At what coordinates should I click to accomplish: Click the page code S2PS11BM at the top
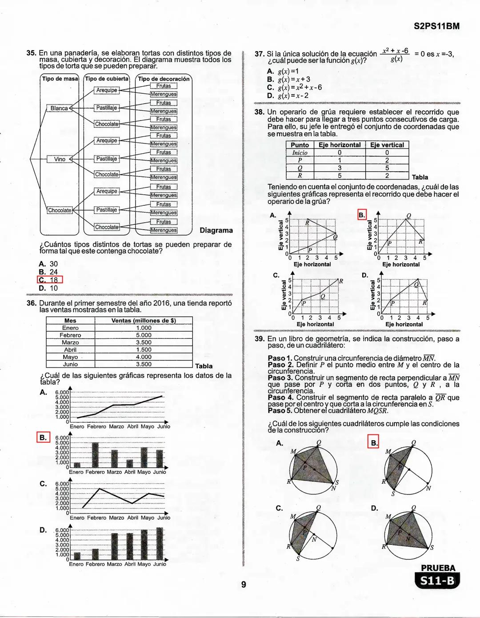(436, 26)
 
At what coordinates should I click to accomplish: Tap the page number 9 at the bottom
(243, 585)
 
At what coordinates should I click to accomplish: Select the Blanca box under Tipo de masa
(59, 108)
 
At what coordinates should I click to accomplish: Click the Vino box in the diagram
(59, 159)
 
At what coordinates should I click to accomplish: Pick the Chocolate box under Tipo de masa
(60, 210)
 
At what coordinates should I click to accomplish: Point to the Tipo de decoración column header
(164, 79)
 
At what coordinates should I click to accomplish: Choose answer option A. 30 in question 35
(48, 264)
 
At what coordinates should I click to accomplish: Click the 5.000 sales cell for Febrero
(144, 335)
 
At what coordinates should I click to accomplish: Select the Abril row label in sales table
(70, 349)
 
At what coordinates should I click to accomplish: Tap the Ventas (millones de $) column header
(144, 321)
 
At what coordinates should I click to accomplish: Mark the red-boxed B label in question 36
(43, 437)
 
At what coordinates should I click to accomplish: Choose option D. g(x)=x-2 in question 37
(288, 95)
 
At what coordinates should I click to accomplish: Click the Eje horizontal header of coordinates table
(340, 145)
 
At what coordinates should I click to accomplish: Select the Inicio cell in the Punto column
(300, 152)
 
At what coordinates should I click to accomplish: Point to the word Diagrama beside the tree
(216, 230)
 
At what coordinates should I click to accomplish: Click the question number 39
(259, 339)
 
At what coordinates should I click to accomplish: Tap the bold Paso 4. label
(281, 397)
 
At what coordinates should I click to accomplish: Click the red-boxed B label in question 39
(374, 443)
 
